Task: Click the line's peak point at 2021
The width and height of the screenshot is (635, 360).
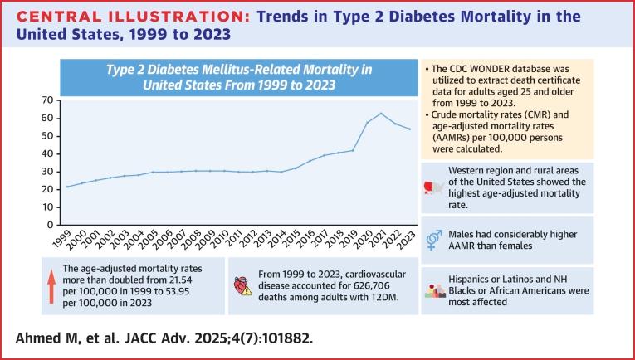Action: (380, 114)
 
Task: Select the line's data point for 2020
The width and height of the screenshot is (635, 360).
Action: (366, 123)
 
